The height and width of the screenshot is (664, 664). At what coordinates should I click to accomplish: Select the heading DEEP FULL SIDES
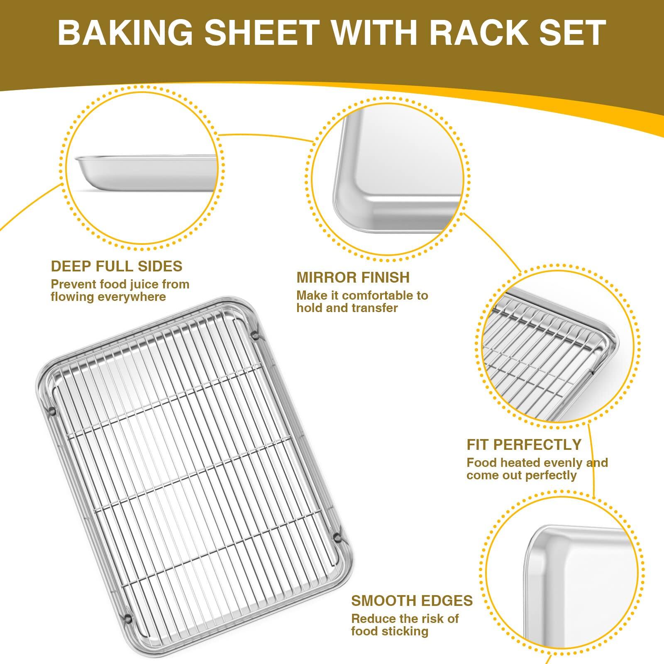(117, 266)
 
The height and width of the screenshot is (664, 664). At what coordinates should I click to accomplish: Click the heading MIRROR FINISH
(353, 277)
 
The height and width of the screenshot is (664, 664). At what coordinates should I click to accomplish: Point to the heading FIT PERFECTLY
(524, 444)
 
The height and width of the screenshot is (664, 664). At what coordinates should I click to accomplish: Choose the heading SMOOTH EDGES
(412, 601)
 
